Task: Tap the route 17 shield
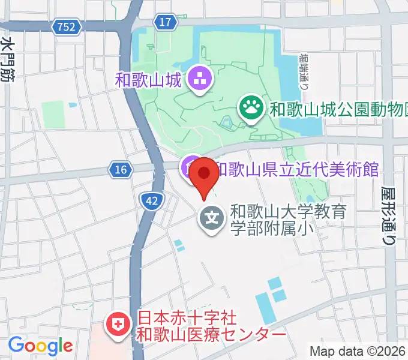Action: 166,22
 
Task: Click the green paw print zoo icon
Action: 251,108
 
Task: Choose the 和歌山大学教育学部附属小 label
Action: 289,220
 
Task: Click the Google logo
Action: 40,346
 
